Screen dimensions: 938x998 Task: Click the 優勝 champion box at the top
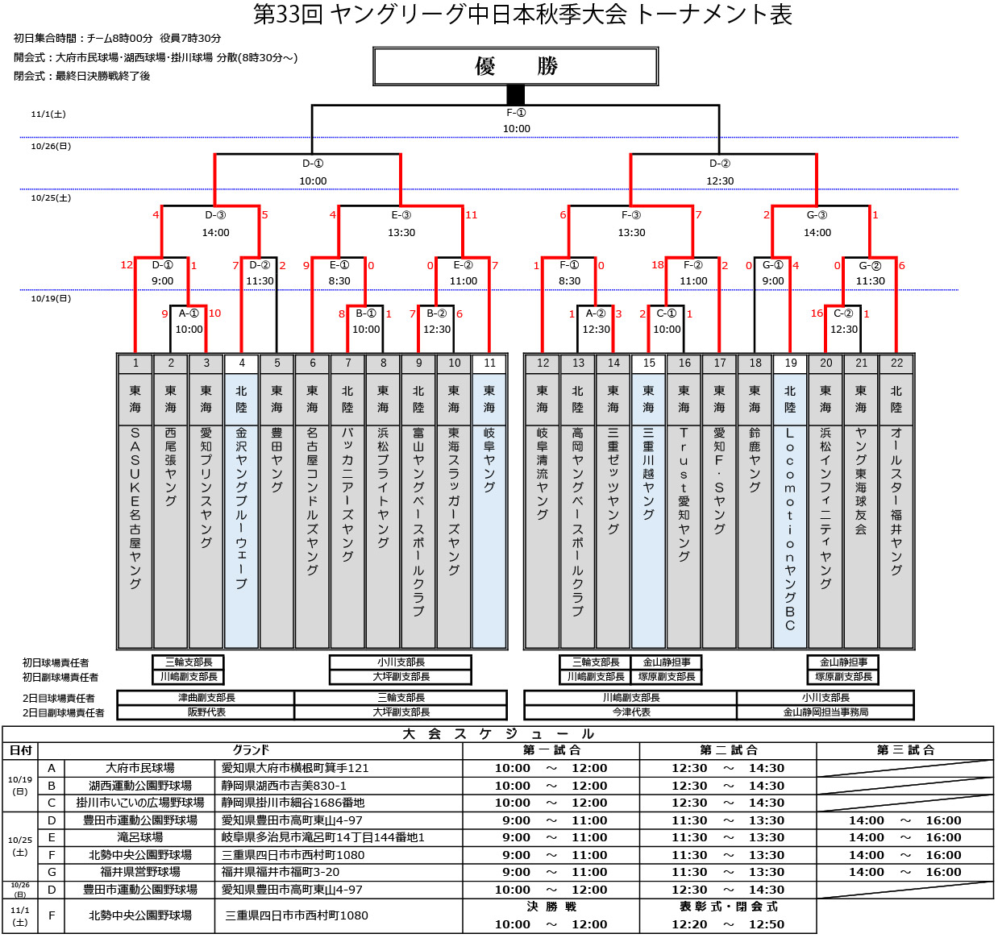(516, 66)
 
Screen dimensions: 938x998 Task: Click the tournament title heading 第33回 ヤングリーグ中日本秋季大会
(522, 15)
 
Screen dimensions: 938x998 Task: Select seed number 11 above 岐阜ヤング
(489, 363)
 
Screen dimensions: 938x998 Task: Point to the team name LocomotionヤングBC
(790, 529)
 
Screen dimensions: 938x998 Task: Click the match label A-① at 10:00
(189, 313)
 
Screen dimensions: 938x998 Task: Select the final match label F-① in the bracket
(516, 114)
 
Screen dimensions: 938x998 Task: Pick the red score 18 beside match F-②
(658, 265)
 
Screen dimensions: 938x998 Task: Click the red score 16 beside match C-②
(817, 313)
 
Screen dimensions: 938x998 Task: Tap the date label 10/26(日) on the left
(51, 147)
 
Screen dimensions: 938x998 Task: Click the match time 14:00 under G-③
(817, 233)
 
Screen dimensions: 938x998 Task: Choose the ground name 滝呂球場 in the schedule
(140, 837)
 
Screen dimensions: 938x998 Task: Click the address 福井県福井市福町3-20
(281, 872)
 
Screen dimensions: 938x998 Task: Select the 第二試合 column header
(728, 750)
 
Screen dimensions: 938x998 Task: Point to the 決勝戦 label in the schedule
(551, 907)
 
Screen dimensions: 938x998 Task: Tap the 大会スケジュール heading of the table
(497, 734)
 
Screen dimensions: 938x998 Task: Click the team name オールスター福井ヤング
(896, 501)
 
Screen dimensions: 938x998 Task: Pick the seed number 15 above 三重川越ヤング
(649, 363)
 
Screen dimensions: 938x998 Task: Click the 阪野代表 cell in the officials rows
(206, 712)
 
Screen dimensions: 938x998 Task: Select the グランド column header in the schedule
(251, 750)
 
